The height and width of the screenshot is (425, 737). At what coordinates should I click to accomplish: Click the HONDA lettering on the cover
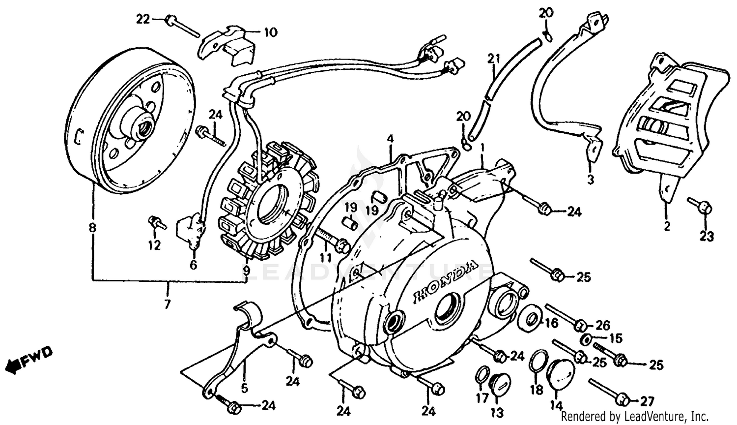(x=445, y=281)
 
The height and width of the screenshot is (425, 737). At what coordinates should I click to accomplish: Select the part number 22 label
(x=142, y=20)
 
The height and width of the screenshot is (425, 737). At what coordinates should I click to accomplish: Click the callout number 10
(x=270, y=33)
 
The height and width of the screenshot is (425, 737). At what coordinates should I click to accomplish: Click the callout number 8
(x=92, y=228)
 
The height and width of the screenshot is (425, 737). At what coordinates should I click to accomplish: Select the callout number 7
(x=168, y=304)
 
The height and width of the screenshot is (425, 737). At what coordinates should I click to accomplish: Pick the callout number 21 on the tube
(x=493, y=59)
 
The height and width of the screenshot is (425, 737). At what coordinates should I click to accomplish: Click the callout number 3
(x=590, y=180)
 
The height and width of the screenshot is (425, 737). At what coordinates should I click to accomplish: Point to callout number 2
(x=667, y=227)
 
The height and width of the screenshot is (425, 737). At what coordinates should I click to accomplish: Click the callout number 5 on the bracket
(x=245, y=388)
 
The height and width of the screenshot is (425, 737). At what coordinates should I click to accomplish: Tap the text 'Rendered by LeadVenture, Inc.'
(x=634, y=416)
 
